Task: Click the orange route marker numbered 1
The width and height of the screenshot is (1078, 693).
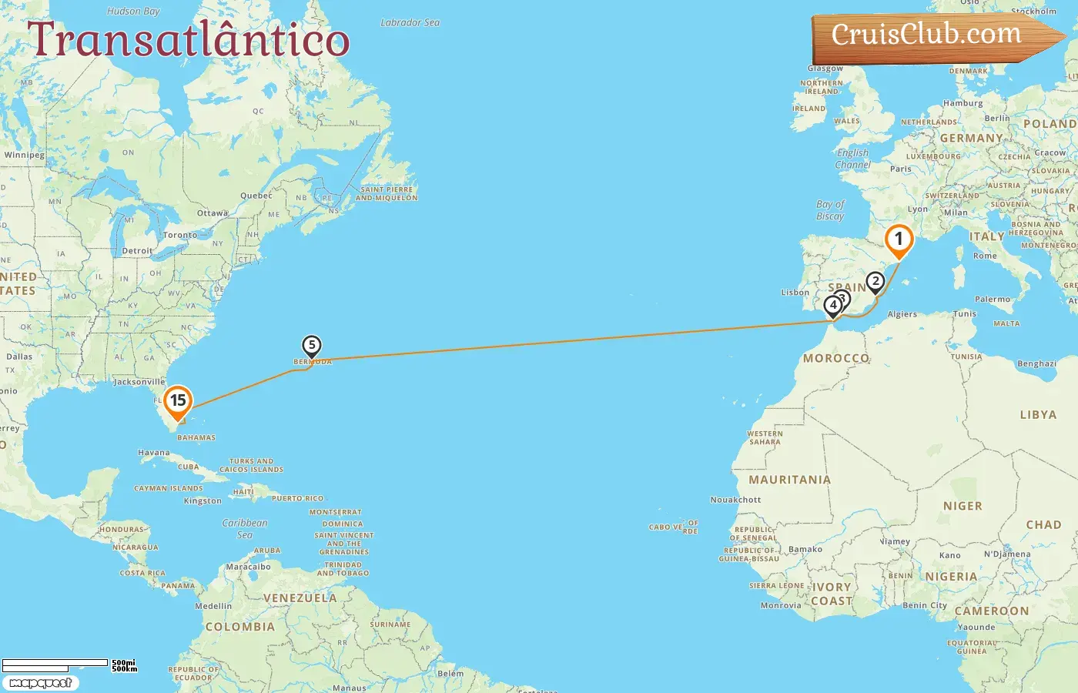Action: pos(899,240)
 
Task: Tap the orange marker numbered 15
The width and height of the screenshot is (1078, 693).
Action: pos(178,401)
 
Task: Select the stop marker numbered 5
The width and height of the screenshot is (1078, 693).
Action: pos(311,346)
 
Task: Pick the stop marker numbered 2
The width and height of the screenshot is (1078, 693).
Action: pos(875,282)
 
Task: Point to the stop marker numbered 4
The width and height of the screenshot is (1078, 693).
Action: pos(832,305)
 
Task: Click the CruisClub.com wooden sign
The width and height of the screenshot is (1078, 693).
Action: pos(927,35)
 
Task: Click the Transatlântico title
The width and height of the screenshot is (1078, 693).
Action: pos(189,40)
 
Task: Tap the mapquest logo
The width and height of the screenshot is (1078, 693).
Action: pos(40,683)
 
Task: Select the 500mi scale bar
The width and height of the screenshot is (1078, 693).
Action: pos(55,663)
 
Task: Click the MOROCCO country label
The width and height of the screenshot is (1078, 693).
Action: pos(835,358)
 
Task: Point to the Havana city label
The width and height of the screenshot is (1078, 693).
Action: pos(153,453)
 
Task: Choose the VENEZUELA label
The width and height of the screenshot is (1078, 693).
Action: pos(300,598)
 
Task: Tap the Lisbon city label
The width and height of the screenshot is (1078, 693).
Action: pos(795,293)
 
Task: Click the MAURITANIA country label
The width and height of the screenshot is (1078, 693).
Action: pos(789,480)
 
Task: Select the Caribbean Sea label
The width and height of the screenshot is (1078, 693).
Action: pos(245,529)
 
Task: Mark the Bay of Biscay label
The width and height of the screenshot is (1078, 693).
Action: pos(830,210)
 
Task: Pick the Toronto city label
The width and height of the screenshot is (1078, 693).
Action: pos(179,236)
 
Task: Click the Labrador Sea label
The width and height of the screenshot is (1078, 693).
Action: pos(410,23)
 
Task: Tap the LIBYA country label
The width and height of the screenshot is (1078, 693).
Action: pos(1038,415)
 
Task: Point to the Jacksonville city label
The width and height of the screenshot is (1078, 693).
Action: pos(139,382)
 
